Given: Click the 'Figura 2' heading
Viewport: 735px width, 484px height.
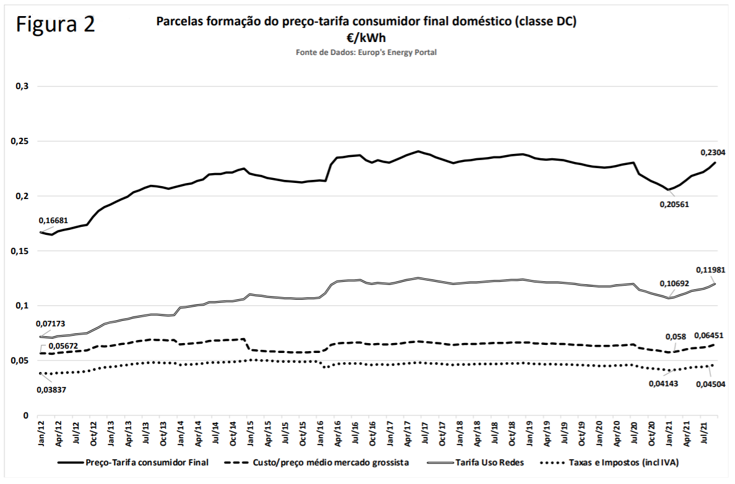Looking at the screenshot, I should coord(56,25).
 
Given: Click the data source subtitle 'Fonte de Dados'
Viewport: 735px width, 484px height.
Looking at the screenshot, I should coord(366,53).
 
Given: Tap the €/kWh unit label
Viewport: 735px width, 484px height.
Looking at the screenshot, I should coord(366,38).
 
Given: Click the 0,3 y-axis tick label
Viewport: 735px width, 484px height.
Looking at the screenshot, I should coord(23,87).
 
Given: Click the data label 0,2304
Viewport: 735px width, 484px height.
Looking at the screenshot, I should coord(713,152).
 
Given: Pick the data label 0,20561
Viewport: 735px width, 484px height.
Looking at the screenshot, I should coord(673,204).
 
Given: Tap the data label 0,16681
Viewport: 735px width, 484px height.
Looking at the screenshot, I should coord(54,220).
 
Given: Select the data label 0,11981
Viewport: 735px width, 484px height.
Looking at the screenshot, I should coord(711,270).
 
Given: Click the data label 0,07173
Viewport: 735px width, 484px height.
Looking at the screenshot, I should coord(54,323).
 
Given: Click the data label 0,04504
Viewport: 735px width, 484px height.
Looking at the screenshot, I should coord(711,384).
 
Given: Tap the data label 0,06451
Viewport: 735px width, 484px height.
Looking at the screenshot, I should coord(711,335).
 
